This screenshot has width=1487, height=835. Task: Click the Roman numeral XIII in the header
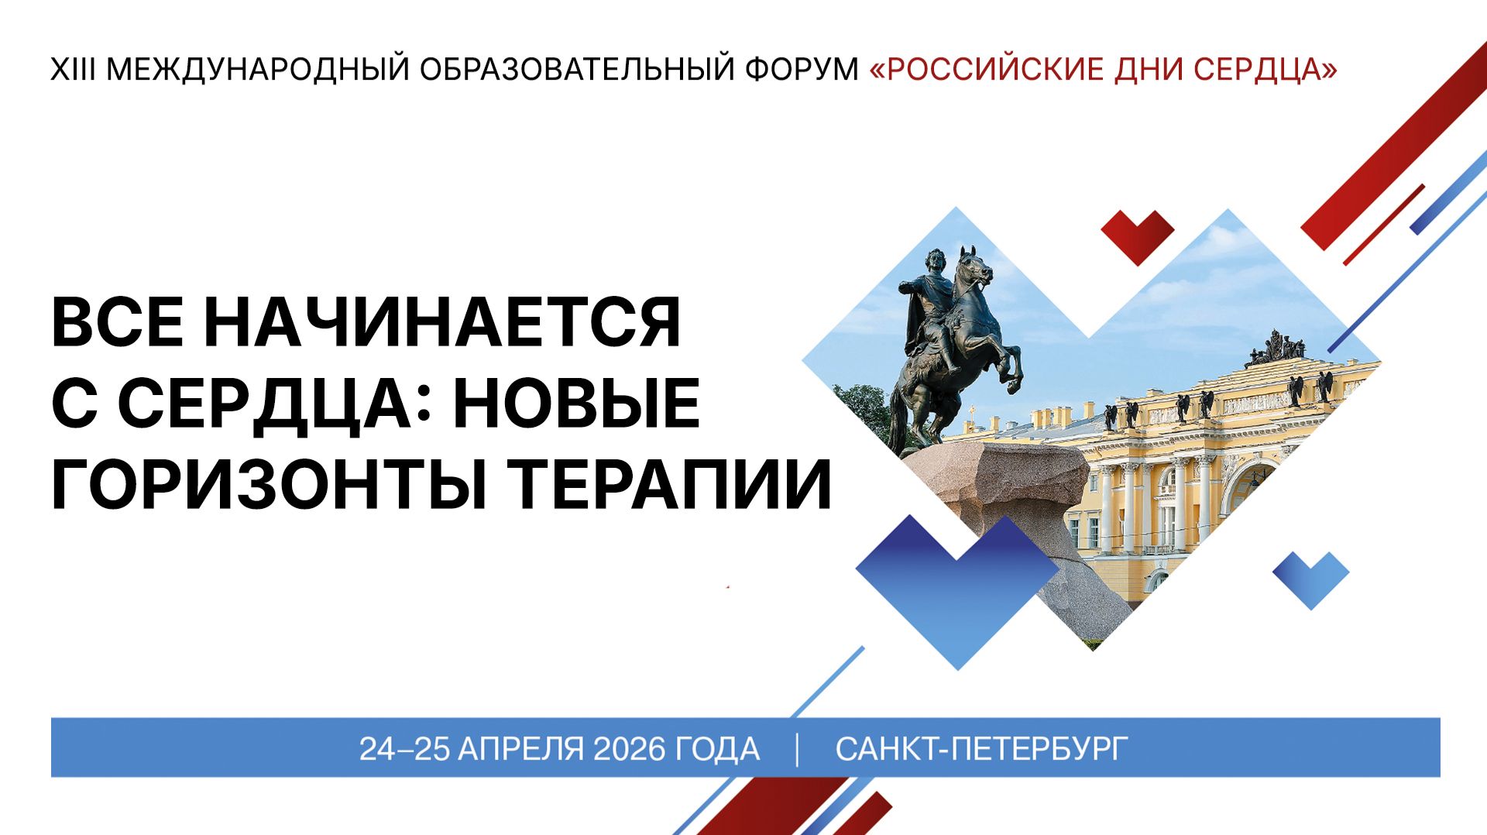[73, 70]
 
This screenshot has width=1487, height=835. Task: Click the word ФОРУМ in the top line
[802, 70]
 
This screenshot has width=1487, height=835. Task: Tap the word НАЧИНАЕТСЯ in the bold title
[442, 322]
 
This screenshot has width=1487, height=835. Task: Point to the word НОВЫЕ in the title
[576, 404]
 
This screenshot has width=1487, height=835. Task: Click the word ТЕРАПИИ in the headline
[674, 485]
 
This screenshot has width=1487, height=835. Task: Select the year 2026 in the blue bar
[629, 749]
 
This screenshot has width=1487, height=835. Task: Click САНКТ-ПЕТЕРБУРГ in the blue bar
[981, 749]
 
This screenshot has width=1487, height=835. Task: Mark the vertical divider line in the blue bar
[798, 749]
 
